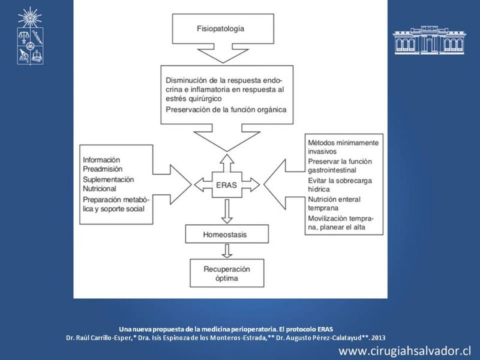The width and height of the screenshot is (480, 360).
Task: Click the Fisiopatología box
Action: tap(223, 29)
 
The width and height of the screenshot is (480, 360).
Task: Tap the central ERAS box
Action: tap(227, 185)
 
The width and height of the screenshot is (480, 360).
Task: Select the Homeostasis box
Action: tap(227, 234)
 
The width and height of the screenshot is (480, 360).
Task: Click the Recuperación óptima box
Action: tap(227, 273)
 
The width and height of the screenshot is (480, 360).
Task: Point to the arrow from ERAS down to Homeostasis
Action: tap(227, 211)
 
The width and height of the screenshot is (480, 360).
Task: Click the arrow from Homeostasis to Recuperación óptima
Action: tap(227, 251)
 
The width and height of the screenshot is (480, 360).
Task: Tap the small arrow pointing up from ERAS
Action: tap(227, 163)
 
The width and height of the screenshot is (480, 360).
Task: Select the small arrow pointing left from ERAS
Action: tap(203, 185)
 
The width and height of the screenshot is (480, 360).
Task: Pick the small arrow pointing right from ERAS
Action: tap(251, 185)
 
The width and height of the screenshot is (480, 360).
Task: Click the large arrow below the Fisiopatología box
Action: tap(223, 53)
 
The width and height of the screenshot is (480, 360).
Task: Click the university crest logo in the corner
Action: tap(30, 36)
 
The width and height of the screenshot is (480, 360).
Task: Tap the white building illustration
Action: tap(429, 40)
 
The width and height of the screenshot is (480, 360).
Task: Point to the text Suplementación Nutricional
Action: tap(109, 184)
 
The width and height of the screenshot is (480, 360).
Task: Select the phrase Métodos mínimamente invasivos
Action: tap(343, 147)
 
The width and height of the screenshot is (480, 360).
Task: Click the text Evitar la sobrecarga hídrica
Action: tap(340, 185)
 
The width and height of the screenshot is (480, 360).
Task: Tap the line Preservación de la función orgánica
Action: tap(226, 110)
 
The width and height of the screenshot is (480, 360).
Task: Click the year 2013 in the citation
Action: tap(379, 338)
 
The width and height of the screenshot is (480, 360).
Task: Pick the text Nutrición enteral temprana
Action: tap(334, 203)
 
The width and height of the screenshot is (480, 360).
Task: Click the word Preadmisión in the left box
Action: tap(103, 169)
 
